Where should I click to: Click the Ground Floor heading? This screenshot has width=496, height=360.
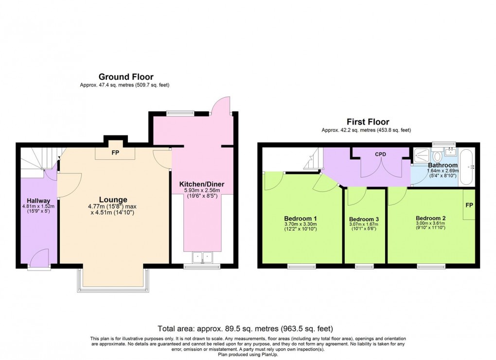(x=125, y=77)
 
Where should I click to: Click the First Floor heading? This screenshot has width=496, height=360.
(x=367, y=122)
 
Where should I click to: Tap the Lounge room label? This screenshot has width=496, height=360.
(x=113, y=200)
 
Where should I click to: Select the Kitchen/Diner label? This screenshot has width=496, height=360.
(x=202, y=184)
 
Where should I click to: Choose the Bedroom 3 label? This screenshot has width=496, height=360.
(x=364, y=220)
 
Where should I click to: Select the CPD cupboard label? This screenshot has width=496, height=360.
(x=380, y=154)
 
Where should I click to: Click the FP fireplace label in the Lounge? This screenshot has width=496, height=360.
(x=115, y=152)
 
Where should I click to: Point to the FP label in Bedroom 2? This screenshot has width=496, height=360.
(x=469, y=205)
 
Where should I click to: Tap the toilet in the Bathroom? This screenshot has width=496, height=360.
(x=437, y=156)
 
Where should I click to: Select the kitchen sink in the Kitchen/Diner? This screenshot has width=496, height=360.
(x=202, y=257)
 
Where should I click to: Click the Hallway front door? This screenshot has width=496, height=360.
(x=38, y=258)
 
